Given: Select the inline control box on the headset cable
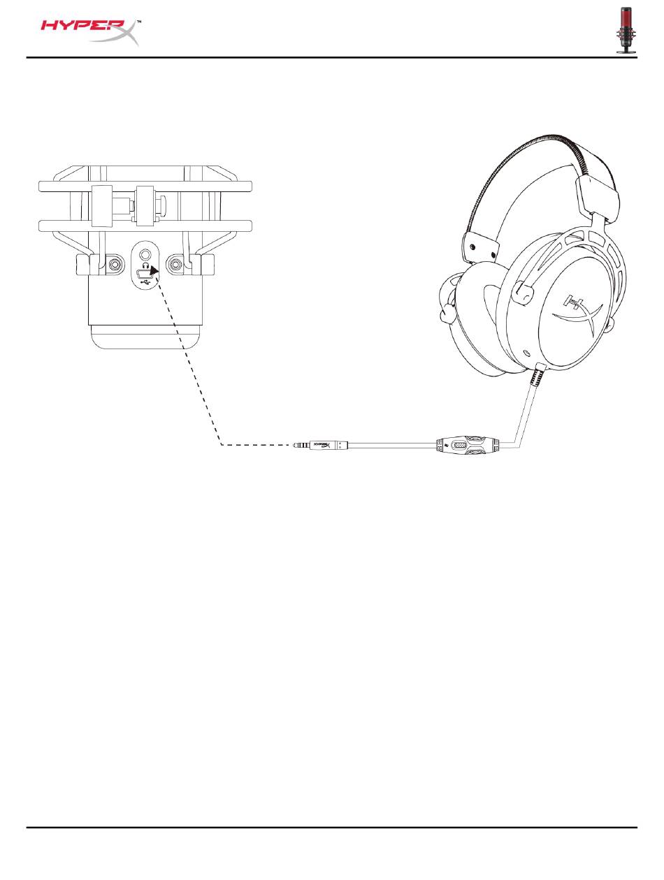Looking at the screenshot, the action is [x=459, y=444].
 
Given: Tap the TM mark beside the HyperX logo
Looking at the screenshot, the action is [x=138, y=22].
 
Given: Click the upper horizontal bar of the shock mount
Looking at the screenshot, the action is [x=145, y=186].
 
